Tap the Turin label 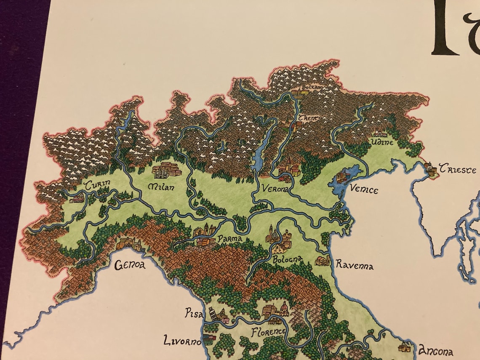click(x=97, y=185)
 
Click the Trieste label click(x=457, y=170)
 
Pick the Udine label click(x=382, y=143)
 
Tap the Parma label click(x=230, y=239)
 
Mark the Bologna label click(x=288, y=259)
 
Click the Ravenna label click(x=354, y=265)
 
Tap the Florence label click(x=268, y=332)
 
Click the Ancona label click(x=435, y=352)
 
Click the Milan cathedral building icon click(x=167, y=171)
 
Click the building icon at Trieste click(x=431, y=169)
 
